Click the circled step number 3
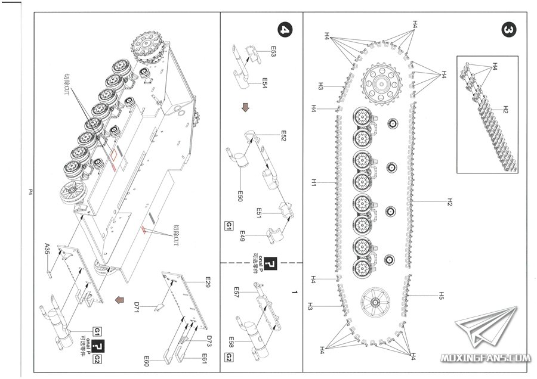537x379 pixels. point(509,30)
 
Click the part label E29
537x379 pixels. point(208,280)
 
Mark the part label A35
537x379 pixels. point(48,246)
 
